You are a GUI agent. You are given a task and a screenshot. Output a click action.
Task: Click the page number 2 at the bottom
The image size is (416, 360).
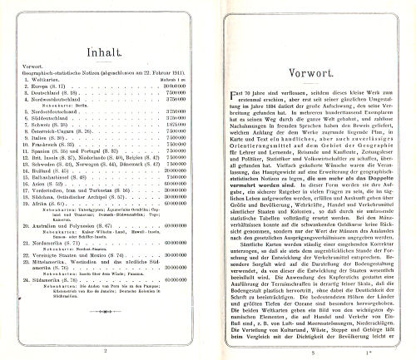(x=106, y=352)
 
